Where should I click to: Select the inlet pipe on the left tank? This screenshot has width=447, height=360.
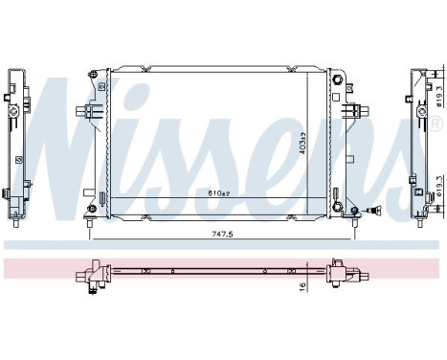[x=81, y=113]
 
